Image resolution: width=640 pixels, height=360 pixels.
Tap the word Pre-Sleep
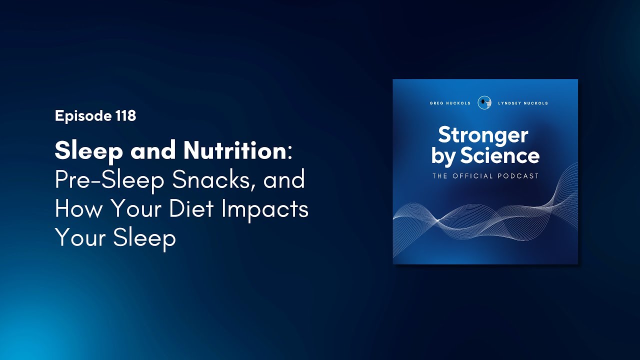[110, 180]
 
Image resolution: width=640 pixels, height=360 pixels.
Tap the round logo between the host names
[483, 102]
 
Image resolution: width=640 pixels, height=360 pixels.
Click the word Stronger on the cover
[483, 134]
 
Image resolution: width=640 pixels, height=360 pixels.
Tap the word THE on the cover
[440, 176]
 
